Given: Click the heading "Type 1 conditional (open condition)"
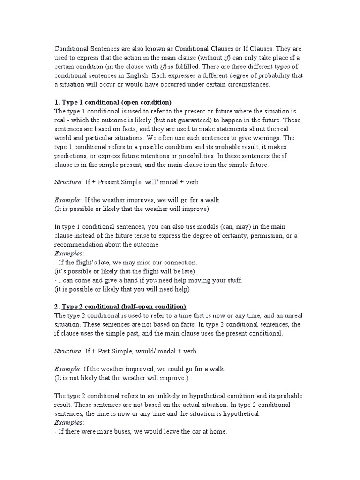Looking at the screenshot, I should (x=117, y=102).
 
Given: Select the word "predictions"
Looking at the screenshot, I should (x=72, y=156).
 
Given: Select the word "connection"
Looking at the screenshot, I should (x=180, y=262).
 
